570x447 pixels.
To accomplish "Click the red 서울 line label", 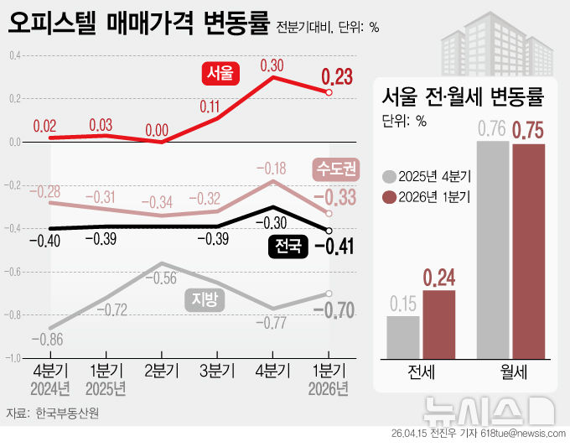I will click(221, 73).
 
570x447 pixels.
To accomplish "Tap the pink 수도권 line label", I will click(335, 169).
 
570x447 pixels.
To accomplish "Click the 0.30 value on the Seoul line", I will click(272, 65).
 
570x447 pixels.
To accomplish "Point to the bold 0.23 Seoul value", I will click(338, 78).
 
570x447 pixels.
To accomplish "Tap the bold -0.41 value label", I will click(335, 247).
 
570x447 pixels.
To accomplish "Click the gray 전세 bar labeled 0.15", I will click(403, 336).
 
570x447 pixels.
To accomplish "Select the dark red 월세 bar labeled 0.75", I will click(528, 251).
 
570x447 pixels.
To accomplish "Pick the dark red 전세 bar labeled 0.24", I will click(439, 324).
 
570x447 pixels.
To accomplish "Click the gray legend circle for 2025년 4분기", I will click(388, 177).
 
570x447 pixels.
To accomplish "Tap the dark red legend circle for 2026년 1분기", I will click(388, 198).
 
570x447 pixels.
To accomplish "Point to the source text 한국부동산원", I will click(66, 413).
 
